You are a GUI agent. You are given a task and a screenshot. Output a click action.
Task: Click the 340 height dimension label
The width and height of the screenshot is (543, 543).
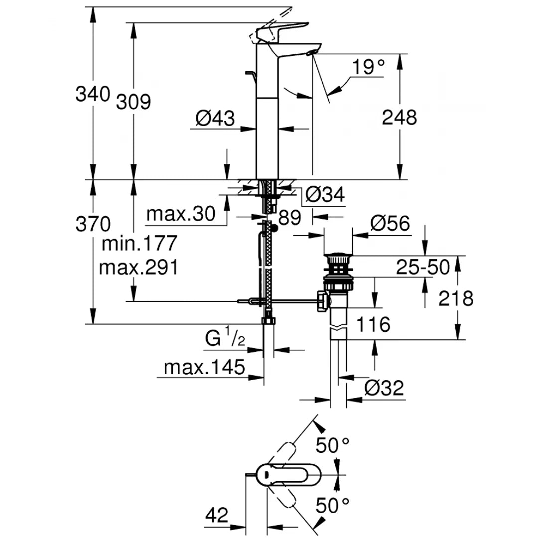[x=92, y=94]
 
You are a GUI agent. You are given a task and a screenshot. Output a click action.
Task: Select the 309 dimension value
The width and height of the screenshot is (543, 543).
[x=133, y=102]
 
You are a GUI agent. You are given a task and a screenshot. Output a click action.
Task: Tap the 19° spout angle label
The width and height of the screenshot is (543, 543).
[x=368, y=67]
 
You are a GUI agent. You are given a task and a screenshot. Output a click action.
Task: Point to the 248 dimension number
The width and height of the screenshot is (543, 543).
[x=399, y=118]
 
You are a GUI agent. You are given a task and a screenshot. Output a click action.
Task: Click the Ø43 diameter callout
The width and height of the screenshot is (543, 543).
[x=215, y=118]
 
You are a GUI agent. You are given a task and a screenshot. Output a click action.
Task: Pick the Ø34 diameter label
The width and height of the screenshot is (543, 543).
[x=324, y=195]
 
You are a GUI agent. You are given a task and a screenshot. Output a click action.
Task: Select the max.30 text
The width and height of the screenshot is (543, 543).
[x=181, y=214]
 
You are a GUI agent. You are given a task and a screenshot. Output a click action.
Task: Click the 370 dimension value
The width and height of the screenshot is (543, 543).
[x=93, y=224]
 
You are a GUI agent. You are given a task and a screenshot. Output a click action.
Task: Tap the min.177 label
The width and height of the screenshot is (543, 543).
[x=139, y=244]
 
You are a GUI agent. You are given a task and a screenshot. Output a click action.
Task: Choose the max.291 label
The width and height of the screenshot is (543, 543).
[x=138, y=268]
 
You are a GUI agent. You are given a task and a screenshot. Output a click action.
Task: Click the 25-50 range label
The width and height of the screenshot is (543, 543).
[x=423, y=268]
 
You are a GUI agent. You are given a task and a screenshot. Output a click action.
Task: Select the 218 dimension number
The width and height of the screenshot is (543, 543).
[x=456, y=298]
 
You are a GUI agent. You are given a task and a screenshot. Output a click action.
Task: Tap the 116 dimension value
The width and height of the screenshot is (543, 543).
[x=373, y=325]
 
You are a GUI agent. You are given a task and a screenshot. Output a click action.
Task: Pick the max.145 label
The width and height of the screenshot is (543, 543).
[x=205, y=368]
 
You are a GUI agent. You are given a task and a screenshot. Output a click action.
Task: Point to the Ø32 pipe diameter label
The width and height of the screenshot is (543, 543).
[x=383, y=388]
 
